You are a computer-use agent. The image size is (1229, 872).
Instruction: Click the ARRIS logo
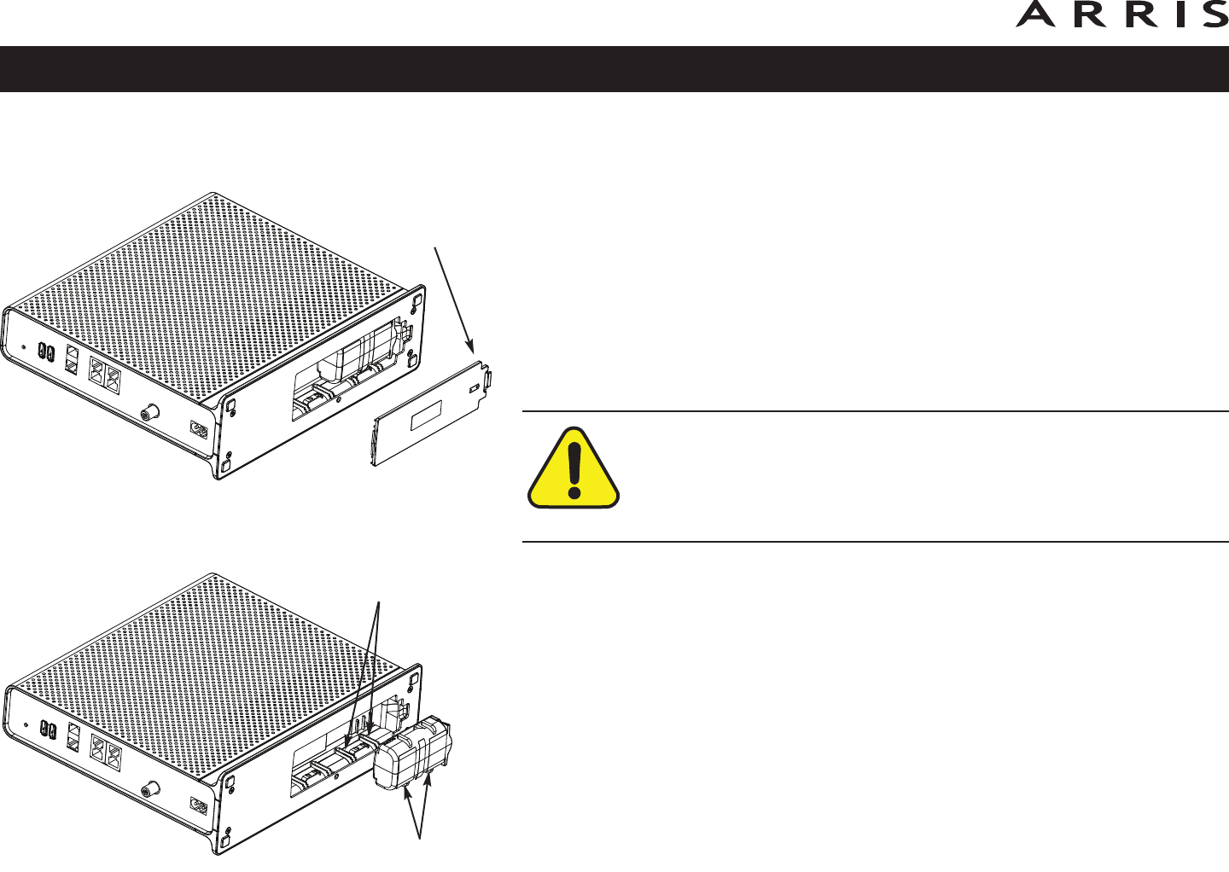1121,15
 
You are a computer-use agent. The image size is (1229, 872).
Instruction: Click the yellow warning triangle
574,470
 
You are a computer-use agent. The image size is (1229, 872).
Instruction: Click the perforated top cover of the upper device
213,282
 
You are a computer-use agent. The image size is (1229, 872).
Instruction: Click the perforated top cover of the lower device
213,657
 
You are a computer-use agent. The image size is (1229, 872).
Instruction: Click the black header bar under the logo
614,69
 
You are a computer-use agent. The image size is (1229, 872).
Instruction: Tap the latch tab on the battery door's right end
487,381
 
